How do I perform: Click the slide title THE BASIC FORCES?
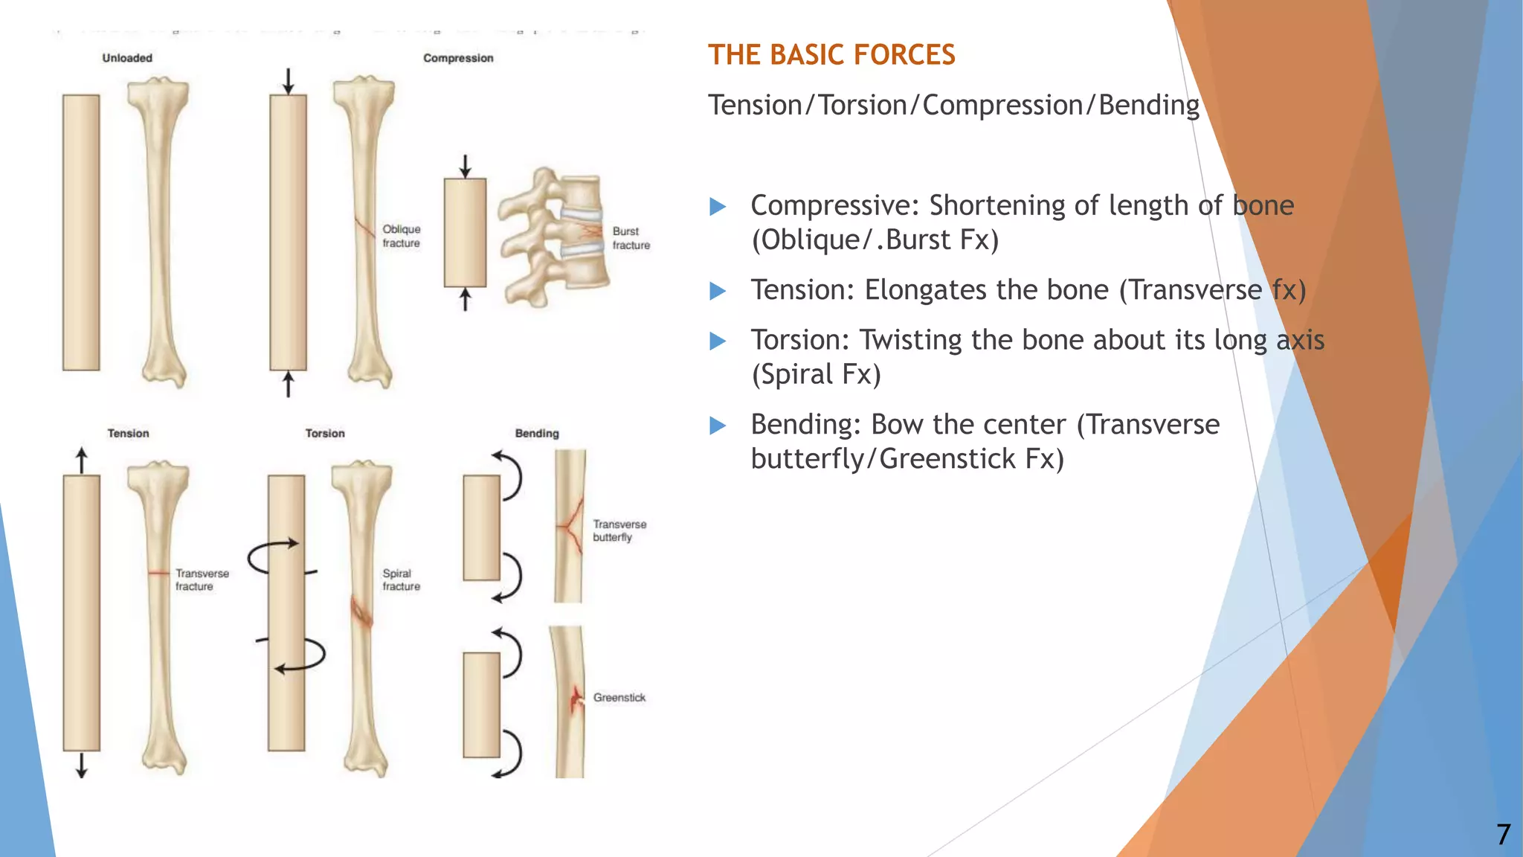[831, 55]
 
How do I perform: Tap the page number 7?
[1503, 834]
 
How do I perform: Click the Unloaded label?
[127, 58]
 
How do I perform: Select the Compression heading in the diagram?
[458, 58]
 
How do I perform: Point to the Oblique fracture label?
[401, 236]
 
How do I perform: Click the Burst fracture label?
[631, 238]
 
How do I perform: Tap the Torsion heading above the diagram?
[325, 433]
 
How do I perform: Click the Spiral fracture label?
[401, 580]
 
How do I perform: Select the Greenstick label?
[619, 697]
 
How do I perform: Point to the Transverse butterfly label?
[619, 530]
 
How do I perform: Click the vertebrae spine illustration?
[554, 237]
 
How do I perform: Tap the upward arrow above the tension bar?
[82, 460]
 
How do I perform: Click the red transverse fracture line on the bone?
[158, 572]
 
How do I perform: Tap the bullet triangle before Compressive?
[718, 206]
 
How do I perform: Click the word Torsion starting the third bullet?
[799, 340]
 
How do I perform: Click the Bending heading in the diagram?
[537, 433]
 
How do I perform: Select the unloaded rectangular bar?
[81, 232]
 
